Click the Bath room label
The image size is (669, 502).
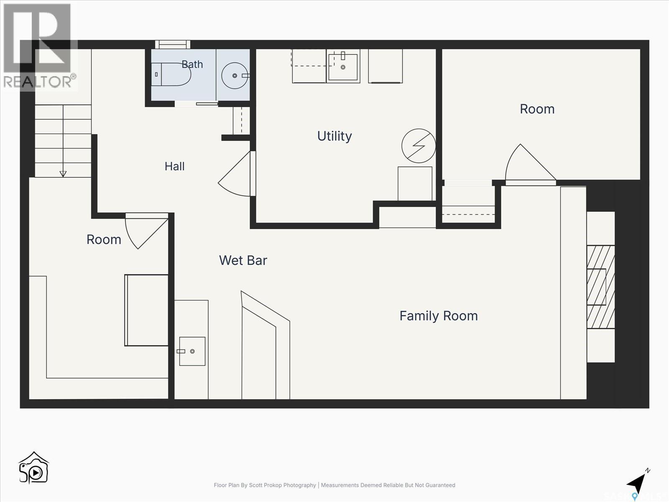tap(192, 64)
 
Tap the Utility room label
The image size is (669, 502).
tap(334, 136)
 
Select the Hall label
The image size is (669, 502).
tap(175, 166)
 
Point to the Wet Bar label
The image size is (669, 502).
tap(243, 260)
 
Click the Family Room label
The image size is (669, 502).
tap(439, 316)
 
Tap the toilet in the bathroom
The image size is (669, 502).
tap(171, 74)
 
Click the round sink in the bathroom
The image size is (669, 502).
tap(235, 76)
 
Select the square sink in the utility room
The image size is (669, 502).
tap(343, 67)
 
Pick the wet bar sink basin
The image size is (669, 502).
tap(192, 351)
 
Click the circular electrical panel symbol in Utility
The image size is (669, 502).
tap(419, 146)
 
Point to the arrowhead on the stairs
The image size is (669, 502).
tap(63, 174)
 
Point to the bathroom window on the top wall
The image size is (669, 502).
tap(173, 44)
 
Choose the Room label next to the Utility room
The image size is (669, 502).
tap(537, 109)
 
